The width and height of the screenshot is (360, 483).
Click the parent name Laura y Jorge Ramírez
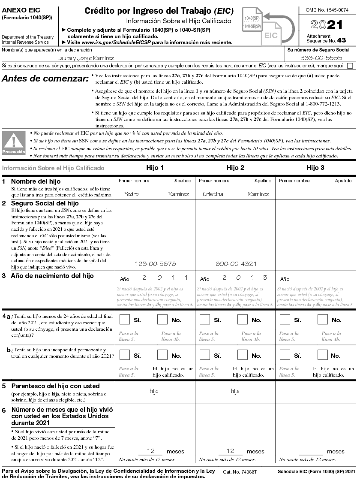tap(86, 58)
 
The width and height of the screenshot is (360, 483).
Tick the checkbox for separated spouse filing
tap(350, 66)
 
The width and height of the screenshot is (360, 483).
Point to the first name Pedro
tap(131, 194)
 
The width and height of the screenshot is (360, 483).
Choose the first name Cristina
tap(213, 194)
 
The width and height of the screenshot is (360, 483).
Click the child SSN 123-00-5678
tap(155, 264)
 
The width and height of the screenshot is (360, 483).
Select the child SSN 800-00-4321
tap(236, 264)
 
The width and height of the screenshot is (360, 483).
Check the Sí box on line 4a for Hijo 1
tap(125, 320)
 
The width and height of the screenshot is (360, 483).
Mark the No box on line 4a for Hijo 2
tap(242, 320)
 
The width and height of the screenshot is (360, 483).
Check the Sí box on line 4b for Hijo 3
tap(285, 355)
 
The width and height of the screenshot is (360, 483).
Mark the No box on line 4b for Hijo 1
tap(162, 355)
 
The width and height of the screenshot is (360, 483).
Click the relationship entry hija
tap(235, 391)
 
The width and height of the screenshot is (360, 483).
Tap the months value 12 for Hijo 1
tap(151, 451)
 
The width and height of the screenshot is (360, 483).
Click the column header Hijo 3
tap(315, 168)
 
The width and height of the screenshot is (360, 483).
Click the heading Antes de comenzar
tap(45, 79)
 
